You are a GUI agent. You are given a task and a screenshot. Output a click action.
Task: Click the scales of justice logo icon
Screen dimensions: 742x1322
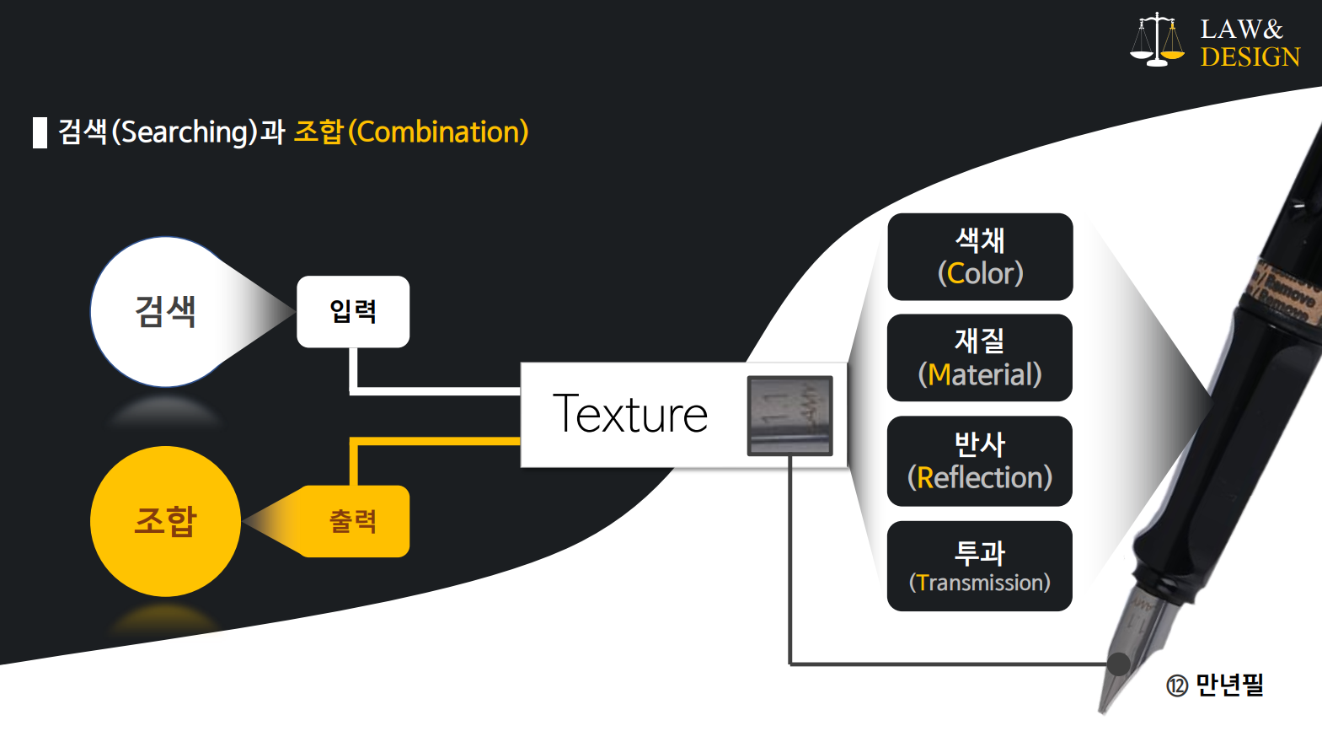pos(1157,40)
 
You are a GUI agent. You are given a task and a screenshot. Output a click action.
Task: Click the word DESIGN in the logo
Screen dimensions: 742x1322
pos(1250,57)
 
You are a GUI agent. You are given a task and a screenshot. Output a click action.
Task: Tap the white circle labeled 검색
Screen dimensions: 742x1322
pos(165,311)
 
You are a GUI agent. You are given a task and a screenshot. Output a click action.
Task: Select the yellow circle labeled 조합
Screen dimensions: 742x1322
pos(165,521)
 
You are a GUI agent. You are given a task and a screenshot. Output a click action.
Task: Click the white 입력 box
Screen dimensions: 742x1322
pos(353,311)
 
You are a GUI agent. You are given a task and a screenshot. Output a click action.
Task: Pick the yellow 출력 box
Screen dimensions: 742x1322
pos(354,521)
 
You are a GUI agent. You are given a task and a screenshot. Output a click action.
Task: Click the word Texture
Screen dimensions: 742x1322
pos(630,414)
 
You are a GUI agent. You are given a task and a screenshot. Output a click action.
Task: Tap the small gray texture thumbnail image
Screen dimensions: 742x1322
pos(789,416)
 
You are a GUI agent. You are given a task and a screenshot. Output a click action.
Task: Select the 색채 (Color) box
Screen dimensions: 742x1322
pos(980,256)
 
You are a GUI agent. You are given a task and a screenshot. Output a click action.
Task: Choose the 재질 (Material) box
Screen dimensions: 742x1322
pos(980,358)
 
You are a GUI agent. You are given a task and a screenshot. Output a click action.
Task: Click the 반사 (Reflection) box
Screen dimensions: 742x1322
pos(980,461)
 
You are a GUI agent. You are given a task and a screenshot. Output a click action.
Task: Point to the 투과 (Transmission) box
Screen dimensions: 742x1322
pos(980,566)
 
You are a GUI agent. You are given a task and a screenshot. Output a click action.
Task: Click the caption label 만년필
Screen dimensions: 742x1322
pos(1229,685)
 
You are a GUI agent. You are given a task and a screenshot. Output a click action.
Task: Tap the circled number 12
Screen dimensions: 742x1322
pos(1177,686)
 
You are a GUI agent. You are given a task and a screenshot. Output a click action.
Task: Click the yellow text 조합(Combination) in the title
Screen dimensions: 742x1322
pos(411,132)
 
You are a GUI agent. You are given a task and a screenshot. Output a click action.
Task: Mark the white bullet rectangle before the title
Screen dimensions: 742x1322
pos(40,132)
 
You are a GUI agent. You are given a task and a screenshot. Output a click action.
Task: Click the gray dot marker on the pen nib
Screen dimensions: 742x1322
pos(1118,664)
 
